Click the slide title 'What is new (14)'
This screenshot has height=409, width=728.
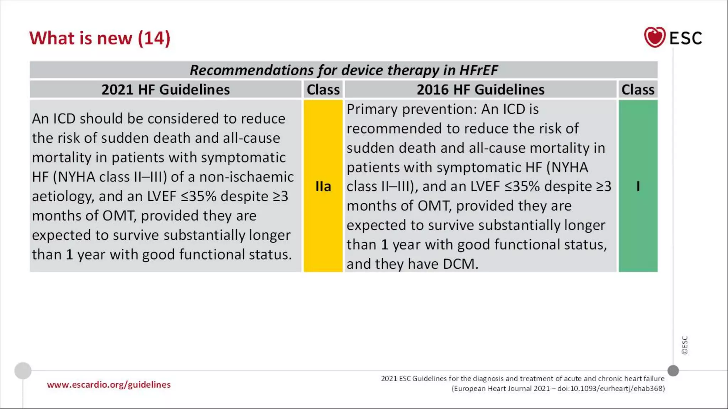coord(100,38)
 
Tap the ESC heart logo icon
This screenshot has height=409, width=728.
coord(654,37)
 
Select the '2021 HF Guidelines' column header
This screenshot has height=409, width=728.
coord(166,89)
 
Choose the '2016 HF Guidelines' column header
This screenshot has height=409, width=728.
coord(480,89)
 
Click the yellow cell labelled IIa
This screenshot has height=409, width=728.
coord(323,186)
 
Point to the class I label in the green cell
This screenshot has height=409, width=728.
coord(638,186)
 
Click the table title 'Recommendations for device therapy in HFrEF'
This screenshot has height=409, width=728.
coord(343,70)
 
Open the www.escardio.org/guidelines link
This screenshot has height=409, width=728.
coord(109,385)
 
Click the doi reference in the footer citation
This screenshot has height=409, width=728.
coord(611,388)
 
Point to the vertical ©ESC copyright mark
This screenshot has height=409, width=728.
coord(685,345)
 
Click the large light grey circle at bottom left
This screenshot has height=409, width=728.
coord(23,371)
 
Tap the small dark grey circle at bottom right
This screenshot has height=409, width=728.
coord(673,371)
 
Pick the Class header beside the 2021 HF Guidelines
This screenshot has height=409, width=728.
coord(323,89)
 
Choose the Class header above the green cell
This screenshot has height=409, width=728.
coord(638,89)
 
